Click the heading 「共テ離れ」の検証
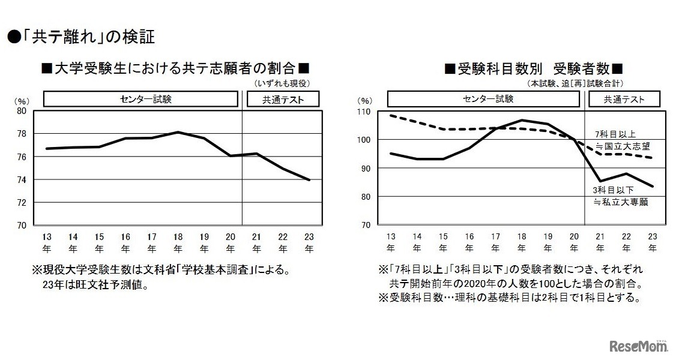pyautogui.click(x=81, y=38)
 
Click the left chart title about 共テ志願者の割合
pyautogui.click(x=175, y=68)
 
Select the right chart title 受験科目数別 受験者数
pyautogui.click(x=533, y=68)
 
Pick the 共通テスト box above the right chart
pyautogui.click(x=624, y=99)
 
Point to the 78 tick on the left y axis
pyautogui.click(x=21, y=134)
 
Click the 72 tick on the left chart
pyautogui.click(x=21, y=202)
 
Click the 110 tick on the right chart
pyautogui.click(x=365, y=112)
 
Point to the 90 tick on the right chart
pyautogui.click(x=366, y=169)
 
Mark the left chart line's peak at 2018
pyautogui.click(x=178, y=132)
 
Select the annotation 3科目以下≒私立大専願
pyautogui.click(x=622, y=196)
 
